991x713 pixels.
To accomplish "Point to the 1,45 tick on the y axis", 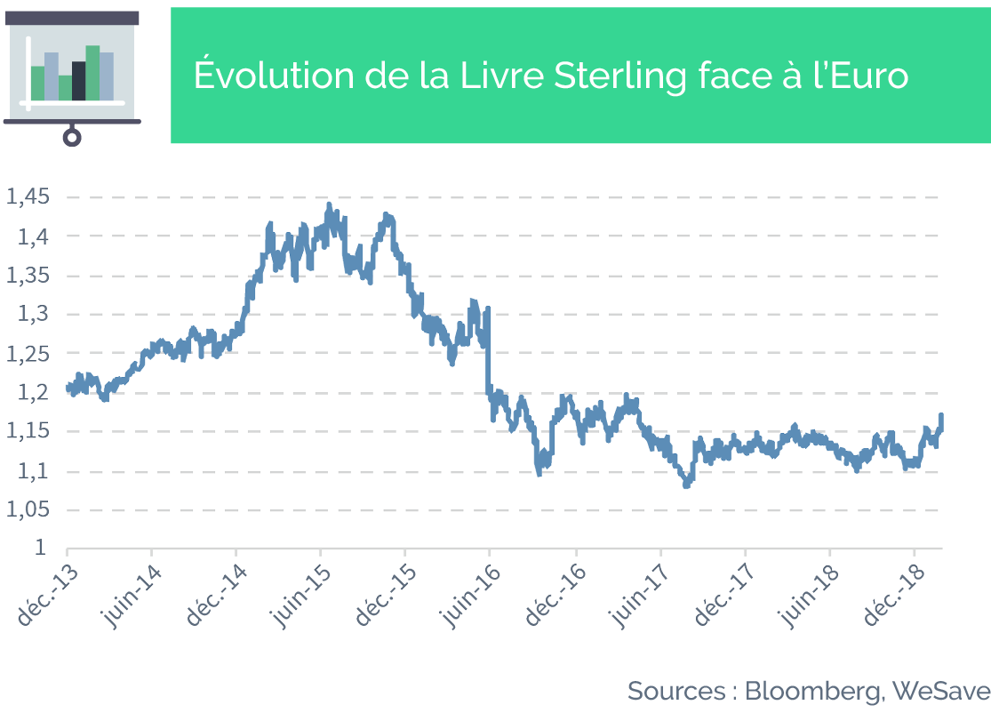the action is pyautogui.click(x=28, y=197).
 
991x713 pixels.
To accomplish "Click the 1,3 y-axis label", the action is pyautogui.click(x=33, y=314).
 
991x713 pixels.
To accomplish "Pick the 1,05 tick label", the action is pyautogui.click(x=28, y=509).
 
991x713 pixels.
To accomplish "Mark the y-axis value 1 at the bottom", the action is pyautogui.click(x=41, y=548).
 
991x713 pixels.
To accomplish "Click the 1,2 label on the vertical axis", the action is pyautogui.click(x=33, y=393).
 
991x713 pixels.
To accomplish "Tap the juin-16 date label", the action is pyautogui.click(x=471, y=597).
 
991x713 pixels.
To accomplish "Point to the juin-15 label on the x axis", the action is pyautogui.click(x=301, y=597).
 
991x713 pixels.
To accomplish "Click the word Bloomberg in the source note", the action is pyautogui.click(x=812, y=692).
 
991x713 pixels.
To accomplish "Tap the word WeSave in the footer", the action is pyautogui.click(x=941, y=690).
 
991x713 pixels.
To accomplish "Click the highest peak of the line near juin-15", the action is pyautogui.click(x=329, y=204).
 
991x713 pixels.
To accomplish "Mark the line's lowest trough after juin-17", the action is pyautogui.click(x=686, y=485).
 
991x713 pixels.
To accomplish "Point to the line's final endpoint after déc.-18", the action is pyautogui.click(x=942, y=415).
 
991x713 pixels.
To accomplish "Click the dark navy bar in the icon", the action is pyautogui.click(x=79, y=81).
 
